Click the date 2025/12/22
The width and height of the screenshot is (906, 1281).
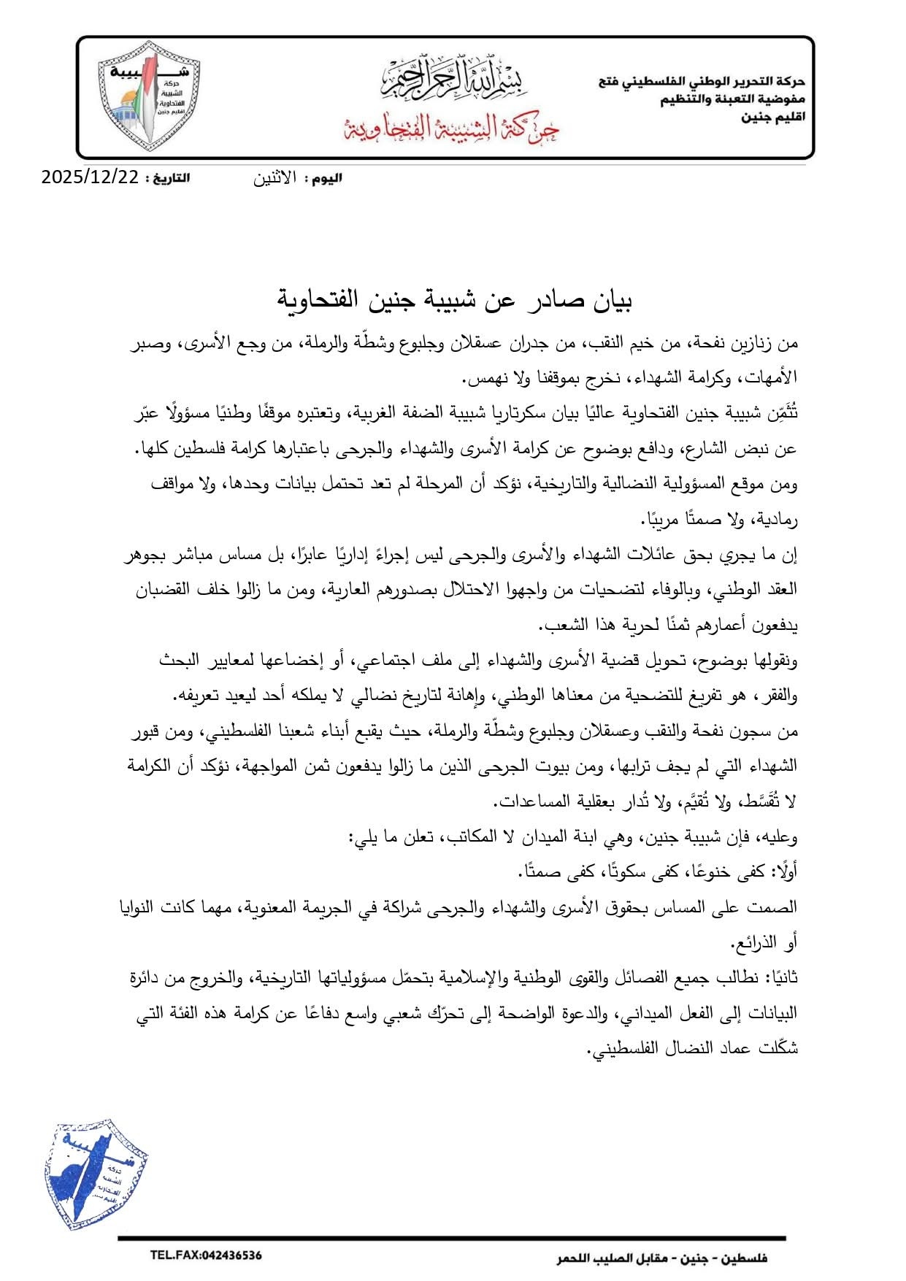point(90,177)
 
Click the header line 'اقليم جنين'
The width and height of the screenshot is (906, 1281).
point(773,117)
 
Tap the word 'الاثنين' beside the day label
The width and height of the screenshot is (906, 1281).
point(275,178)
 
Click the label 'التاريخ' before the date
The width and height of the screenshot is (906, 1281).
point(167,178)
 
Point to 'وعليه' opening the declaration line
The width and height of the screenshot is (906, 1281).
point(780,836)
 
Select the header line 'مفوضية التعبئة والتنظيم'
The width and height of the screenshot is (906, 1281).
point(732,99)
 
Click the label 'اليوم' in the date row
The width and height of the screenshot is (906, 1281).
point(326,178)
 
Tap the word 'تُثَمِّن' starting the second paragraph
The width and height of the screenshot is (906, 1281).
point(782,414)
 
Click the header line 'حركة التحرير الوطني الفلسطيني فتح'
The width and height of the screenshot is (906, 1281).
point(702,82)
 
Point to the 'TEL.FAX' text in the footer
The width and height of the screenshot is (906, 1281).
point(173,1255)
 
